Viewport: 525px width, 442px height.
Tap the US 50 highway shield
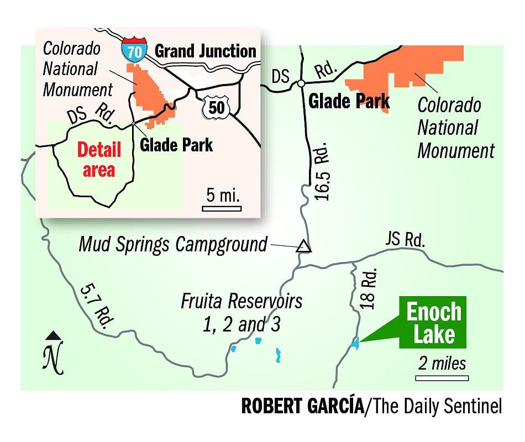click(216, 106)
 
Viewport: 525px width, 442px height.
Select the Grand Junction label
click(205, 52)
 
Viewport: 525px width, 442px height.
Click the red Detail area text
click(99, 160)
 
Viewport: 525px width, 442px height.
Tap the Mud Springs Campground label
click(173, 244)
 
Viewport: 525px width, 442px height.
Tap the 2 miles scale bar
click(442, 378)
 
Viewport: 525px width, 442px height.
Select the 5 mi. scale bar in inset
click(221, 208)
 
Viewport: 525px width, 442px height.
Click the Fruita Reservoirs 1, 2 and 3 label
click(242, 313)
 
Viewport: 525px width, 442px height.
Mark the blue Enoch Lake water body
click(354, 344)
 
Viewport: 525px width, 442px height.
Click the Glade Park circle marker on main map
click(301, 83)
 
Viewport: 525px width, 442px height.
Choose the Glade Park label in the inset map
click(176, 145)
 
